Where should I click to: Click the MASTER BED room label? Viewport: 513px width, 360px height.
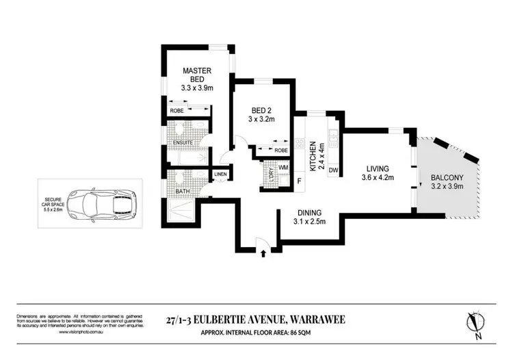196,75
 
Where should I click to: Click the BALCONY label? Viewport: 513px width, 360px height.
449,179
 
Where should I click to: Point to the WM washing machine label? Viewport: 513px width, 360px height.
283,168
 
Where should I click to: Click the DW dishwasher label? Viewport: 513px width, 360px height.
333,170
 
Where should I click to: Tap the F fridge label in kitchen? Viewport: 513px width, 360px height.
299,181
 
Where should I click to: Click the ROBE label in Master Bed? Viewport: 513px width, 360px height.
176,110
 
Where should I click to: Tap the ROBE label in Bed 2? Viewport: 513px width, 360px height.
280,150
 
